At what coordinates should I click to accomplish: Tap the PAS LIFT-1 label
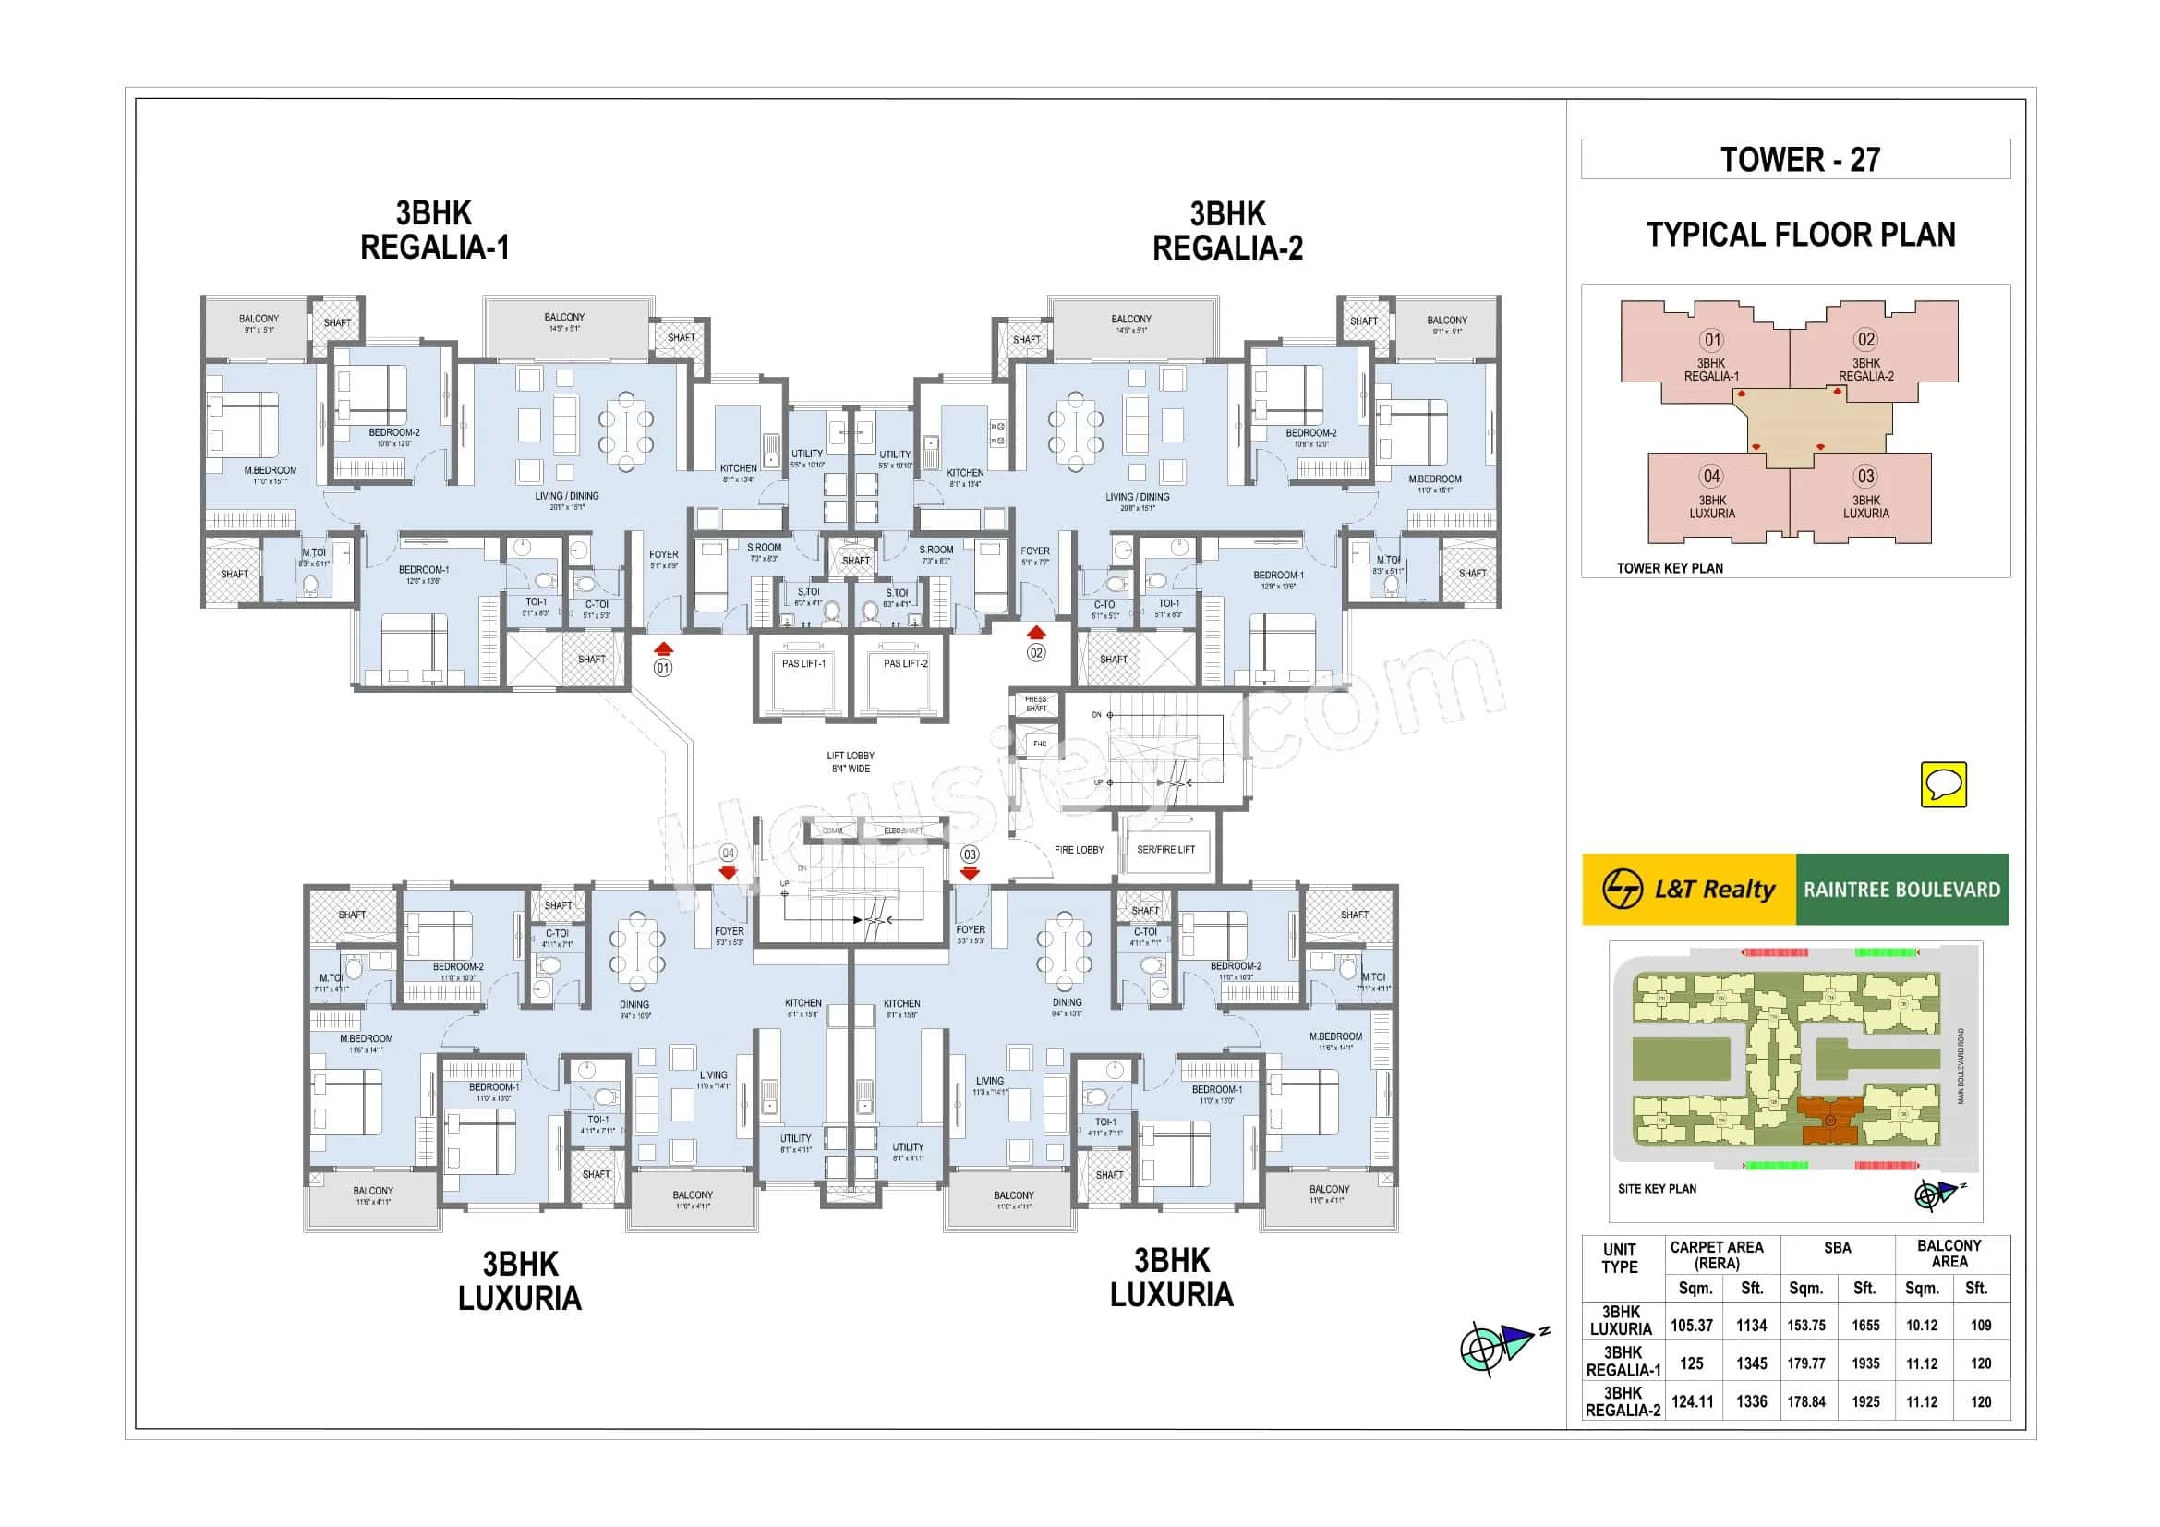click(803, 663)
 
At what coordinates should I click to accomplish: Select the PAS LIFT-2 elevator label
click(905, 663)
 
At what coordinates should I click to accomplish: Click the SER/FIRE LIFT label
click(1165, 850)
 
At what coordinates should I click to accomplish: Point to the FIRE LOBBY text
click(1079, 850)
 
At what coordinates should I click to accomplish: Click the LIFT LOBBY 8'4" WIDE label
click(851, 762)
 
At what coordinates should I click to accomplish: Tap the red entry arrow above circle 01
click(664, 648)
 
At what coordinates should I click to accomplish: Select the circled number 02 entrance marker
click(1036, 652)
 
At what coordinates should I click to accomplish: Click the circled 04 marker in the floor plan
click(727, 854)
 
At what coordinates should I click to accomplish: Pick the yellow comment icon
click(1943, 783)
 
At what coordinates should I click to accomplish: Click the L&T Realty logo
click(1688, 889)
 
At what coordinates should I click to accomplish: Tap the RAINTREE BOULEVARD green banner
click(1901, 889)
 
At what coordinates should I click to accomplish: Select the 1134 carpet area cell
click(1751, 1325)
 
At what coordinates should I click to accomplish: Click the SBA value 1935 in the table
click(1864, 1363)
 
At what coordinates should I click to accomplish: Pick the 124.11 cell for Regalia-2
click(1692, 1401)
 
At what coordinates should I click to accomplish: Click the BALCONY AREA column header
click(1949, 1254)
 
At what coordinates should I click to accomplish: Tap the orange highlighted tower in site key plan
click(1829, 1120)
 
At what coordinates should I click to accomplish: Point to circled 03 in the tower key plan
click(1865, 476)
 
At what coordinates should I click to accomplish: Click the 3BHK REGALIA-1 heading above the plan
click(434, 231)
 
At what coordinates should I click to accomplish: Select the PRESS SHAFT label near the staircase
click(1035, 703)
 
